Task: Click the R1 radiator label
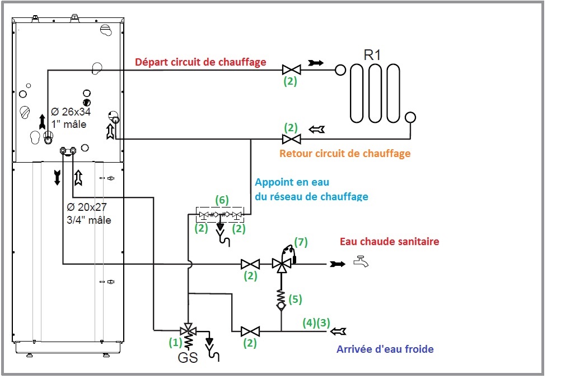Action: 372,55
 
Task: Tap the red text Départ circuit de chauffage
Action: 200,62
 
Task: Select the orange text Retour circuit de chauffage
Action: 345,154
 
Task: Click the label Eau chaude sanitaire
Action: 389,241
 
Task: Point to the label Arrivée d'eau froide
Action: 385,349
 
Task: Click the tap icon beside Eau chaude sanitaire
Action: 361,262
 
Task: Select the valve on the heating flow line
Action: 291,70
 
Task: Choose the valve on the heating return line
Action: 291,139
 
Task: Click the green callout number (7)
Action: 301,242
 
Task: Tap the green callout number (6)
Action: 222,200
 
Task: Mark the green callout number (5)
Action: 295,299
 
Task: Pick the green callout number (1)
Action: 175,343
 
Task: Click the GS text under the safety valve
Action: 188,358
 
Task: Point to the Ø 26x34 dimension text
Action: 71,112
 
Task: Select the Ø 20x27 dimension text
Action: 87,207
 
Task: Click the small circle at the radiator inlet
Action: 340,70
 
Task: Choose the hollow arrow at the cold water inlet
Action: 338,331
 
